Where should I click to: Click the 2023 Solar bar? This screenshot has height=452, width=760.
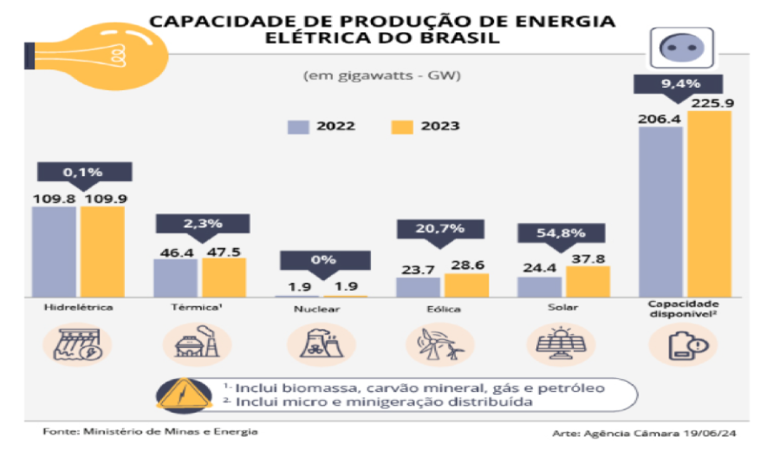coord(588,281)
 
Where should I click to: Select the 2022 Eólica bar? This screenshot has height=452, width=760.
coord(419,287)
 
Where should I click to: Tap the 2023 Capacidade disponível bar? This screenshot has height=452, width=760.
coord(710,204)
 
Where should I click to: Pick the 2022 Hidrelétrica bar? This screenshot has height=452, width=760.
coord(55,252)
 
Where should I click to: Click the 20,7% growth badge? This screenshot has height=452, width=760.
coord(431,229)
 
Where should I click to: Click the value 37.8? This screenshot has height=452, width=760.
coord(588,257)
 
